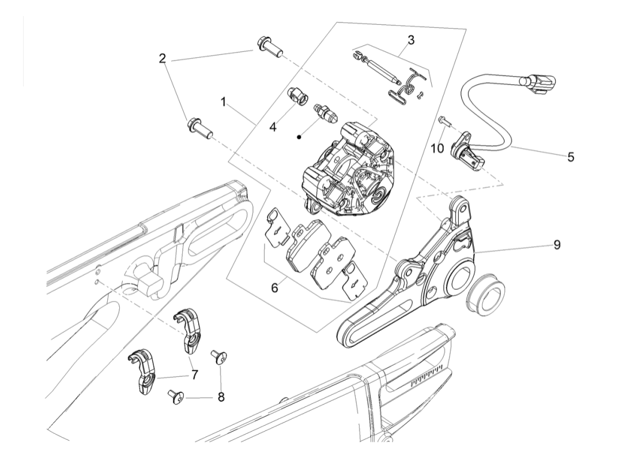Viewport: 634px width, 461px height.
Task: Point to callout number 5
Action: [570, 156]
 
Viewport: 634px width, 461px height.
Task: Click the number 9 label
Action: [556, 244]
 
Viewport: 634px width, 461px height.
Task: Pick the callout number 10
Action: [437, 148]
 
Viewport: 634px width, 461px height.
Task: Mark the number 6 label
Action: [274, 286]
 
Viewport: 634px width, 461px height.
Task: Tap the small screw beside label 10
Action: [443, 120]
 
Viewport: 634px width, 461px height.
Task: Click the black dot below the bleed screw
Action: [299, 137]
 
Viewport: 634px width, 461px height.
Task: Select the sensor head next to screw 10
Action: [467, 149]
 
